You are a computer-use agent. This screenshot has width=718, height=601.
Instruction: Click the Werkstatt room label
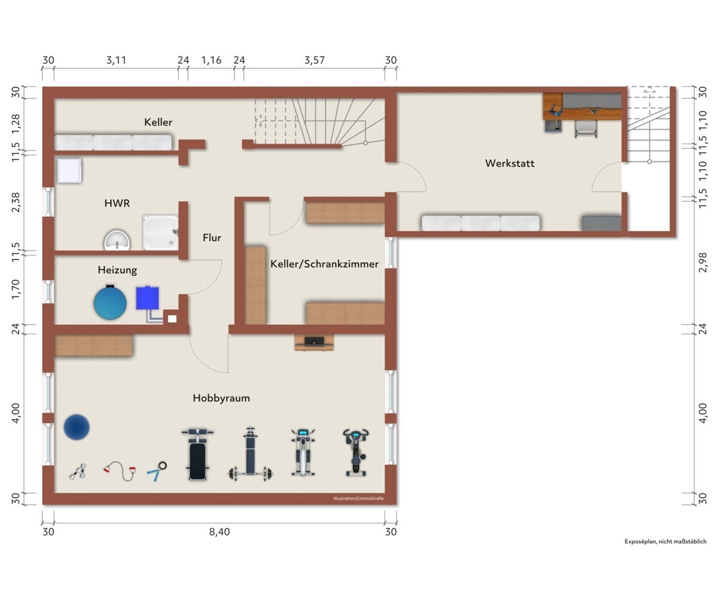point(510,163)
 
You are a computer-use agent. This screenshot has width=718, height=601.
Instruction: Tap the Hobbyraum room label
point(221,398)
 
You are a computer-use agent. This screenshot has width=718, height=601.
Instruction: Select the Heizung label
point(117,270)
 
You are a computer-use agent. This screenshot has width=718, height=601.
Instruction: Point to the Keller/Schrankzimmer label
point(324,264)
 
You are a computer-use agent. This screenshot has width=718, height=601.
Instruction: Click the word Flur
point(212,237)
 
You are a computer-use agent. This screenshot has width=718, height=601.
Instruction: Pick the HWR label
point(117,203)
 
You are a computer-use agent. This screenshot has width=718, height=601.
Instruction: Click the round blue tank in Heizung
point(110,303)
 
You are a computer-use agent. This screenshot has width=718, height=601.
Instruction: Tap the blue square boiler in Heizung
point(148,298)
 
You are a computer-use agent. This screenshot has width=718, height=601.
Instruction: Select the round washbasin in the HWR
point(117,240)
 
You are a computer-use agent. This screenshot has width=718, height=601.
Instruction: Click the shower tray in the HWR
point(160,233)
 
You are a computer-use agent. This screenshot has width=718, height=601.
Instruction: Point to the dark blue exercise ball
point(77,427)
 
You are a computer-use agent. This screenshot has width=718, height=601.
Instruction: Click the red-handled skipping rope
point(120,471)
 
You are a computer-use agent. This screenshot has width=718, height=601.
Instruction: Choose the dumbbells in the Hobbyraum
point(77,472)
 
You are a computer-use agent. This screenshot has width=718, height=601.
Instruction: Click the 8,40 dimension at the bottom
point(220,532)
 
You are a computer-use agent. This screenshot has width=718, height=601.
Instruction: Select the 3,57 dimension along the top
point(314,60)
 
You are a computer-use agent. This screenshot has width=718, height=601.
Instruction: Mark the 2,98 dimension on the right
point(703,263)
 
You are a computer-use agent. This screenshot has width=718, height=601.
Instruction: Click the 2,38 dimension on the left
point(16,202)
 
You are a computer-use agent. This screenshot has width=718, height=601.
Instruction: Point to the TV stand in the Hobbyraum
point(314,343)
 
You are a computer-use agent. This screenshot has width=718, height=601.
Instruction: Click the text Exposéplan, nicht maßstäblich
point(665,542)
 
